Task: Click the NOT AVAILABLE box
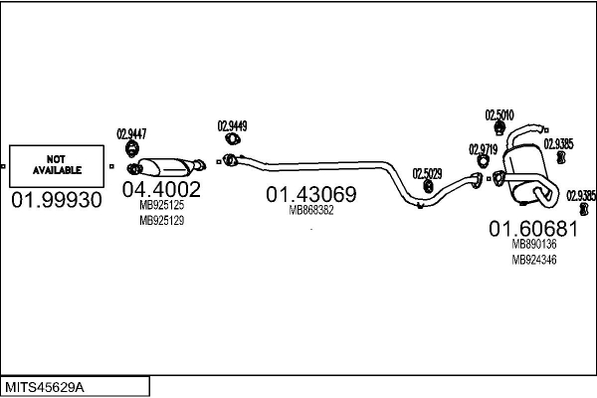56,165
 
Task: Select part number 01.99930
56,201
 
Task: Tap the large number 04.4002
161,189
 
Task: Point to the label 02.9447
131,133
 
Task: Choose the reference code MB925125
161,205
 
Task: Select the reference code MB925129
161,220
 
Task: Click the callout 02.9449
232,126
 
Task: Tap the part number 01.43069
310,194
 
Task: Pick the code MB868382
310,210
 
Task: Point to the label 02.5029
427,172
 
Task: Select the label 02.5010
498,114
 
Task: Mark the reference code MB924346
533,260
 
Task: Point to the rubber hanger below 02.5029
427,186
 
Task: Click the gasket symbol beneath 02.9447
131,149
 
